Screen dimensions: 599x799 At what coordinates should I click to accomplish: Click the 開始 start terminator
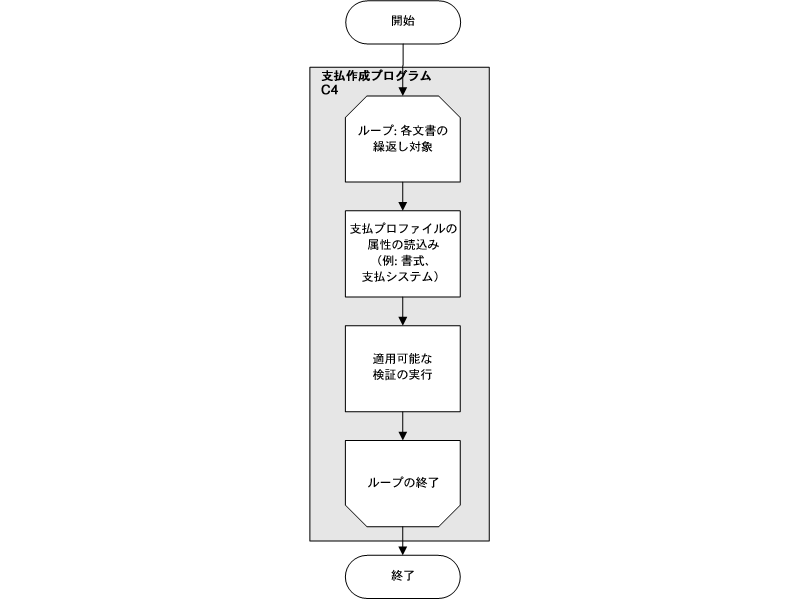click(402, 22)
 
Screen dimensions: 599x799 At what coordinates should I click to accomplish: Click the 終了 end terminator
click(402, 576)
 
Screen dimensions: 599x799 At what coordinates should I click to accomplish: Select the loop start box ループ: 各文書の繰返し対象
click(402, 139)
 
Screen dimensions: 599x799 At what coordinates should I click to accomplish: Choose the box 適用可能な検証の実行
click(402, 368)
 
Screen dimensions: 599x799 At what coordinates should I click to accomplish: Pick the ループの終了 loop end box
click(402, 482)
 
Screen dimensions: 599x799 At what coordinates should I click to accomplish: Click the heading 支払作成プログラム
click(376, 76)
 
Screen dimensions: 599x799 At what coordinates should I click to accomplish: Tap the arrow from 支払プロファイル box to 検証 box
click(402, 310)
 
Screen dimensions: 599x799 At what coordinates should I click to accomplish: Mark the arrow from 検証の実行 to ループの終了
click(402, 425)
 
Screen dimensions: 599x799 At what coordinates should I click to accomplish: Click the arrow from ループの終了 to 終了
click(402, 540)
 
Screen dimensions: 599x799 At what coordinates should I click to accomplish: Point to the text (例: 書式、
click(402, 260)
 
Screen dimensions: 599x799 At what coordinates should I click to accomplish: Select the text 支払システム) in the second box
click(402, 276)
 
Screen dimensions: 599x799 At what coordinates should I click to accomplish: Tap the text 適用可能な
click(402, 360)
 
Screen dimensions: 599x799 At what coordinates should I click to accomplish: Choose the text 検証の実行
click(402, 376)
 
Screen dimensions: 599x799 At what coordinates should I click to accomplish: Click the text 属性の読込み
click(402, 245)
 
